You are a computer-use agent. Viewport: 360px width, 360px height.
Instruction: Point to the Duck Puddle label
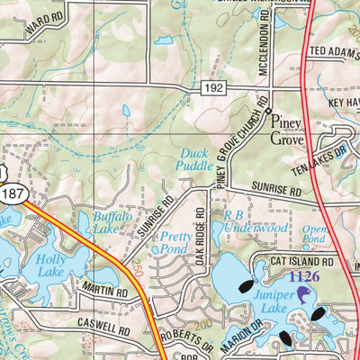point(195,158)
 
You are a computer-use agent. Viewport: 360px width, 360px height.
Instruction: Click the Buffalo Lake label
point(112,222)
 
